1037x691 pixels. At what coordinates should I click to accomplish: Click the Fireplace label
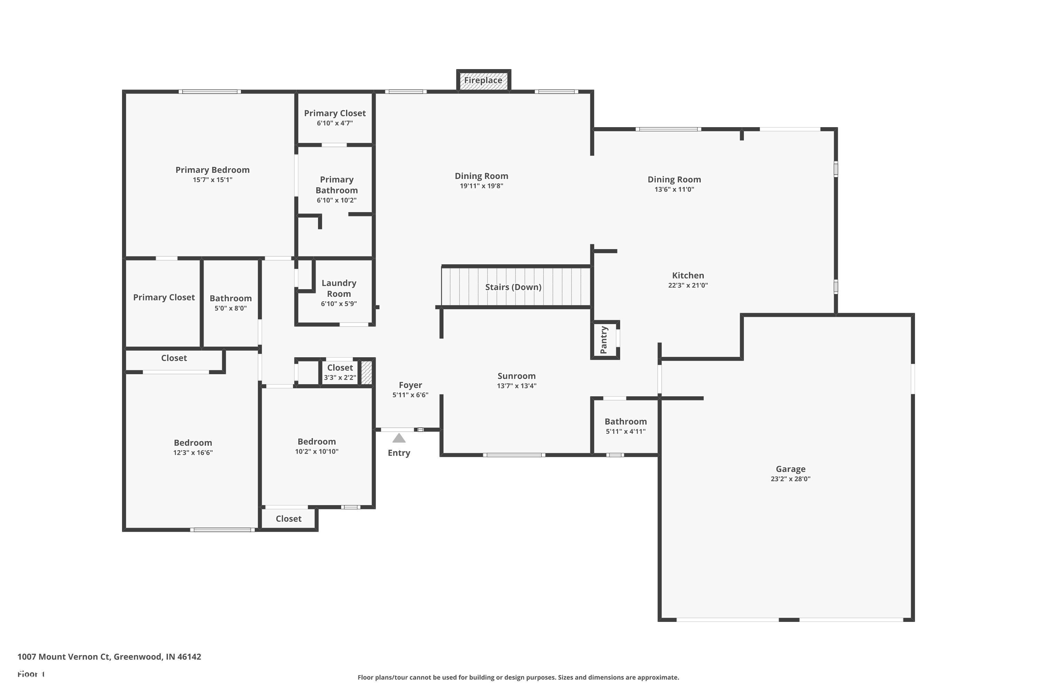483,80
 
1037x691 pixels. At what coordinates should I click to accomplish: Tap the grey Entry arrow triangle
399,438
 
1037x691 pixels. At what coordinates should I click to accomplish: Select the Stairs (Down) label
513,287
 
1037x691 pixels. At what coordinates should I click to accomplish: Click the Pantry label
604,340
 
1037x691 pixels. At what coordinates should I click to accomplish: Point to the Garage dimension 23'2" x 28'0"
791,479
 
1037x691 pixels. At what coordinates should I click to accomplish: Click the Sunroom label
516,376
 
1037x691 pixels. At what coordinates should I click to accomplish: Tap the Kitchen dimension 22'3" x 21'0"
688,285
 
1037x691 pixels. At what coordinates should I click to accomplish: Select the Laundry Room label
339,288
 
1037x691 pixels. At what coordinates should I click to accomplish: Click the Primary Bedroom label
213,170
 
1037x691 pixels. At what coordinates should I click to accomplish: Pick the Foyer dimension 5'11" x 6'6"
410,395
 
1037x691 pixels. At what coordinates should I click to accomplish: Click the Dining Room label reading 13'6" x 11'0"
674,179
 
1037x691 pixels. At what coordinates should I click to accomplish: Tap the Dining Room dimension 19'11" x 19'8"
482,186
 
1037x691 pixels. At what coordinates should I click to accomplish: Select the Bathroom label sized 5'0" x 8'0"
231,299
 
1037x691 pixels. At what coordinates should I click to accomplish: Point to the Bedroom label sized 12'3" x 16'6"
193,443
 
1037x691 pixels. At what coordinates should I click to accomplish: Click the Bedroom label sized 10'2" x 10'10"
317,442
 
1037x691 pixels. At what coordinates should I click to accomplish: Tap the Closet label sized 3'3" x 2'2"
339,368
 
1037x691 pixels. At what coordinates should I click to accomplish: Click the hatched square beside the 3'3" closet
366,372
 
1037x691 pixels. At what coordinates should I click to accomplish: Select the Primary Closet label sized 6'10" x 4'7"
335,113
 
